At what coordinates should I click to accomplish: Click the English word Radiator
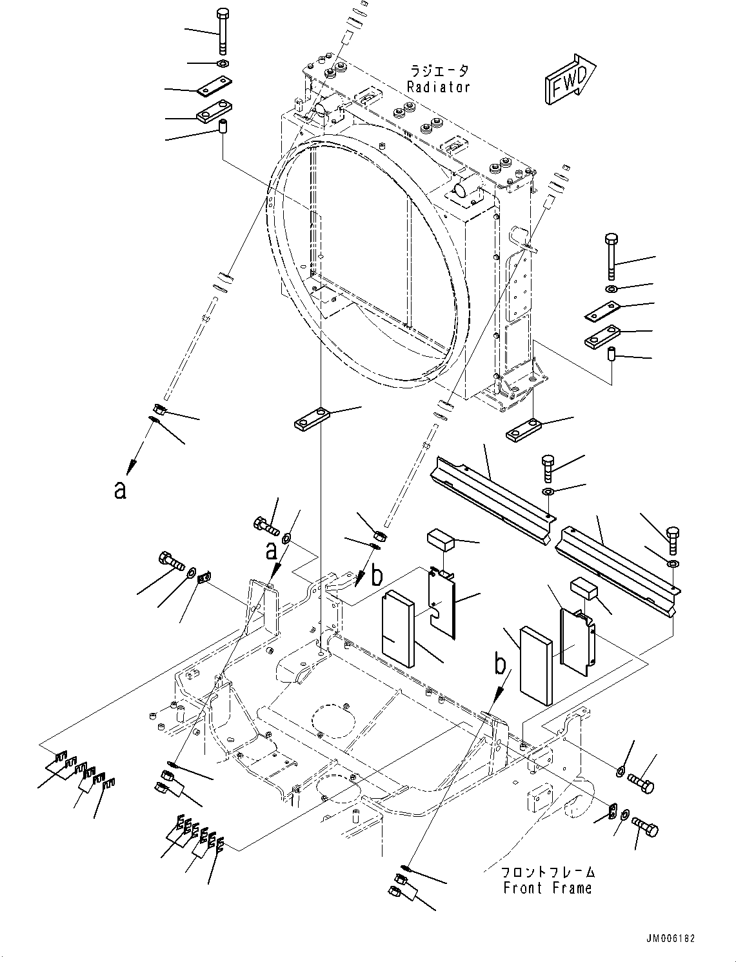coord(439,87)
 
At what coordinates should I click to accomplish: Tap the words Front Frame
coord(547,888)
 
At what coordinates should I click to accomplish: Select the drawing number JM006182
coord(669,939)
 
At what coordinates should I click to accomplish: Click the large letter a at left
coord(119,490)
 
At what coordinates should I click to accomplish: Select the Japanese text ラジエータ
coord(439,71)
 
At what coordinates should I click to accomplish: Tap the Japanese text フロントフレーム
coord(548,872)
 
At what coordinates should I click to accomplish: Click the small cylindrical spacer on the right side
coord(612,354)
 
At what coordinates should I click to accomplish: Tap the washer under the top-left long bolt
coord(222,63)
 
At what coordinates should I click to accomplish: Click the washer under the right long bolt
coord(611,287)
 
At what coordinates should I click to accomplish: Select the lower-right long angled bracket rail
coord(617,563)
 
